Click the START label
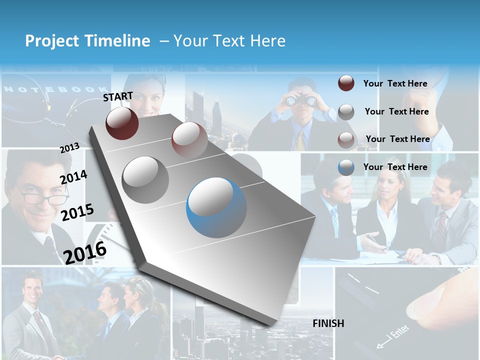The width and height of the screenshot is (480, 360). point(118,96)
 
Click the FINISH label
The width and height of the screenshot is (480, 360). point(328,323)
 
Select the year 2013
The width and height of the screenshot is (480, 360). point(69,148)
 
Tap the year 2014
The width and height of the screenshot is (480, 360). point(73,177)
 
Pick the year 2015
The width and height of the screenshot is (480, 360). point(77,212)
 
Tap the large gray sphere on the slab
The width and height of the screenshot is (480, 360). point(145,179)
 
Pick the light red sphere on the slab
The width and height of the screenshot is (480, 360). point(189,140)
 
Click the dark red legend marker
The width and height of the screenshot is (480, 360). point(346,83)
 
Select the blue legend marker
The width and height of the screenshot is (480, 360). point(346,167)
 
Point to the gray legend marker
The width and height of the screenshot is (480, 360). point(346,112)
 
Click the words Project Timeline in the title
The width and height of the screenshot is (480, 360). point(87,41)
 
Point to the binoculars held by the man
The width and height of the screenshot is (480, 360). point(302,101)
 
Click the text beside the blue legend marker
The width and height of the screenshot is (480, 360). point(395,167)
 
